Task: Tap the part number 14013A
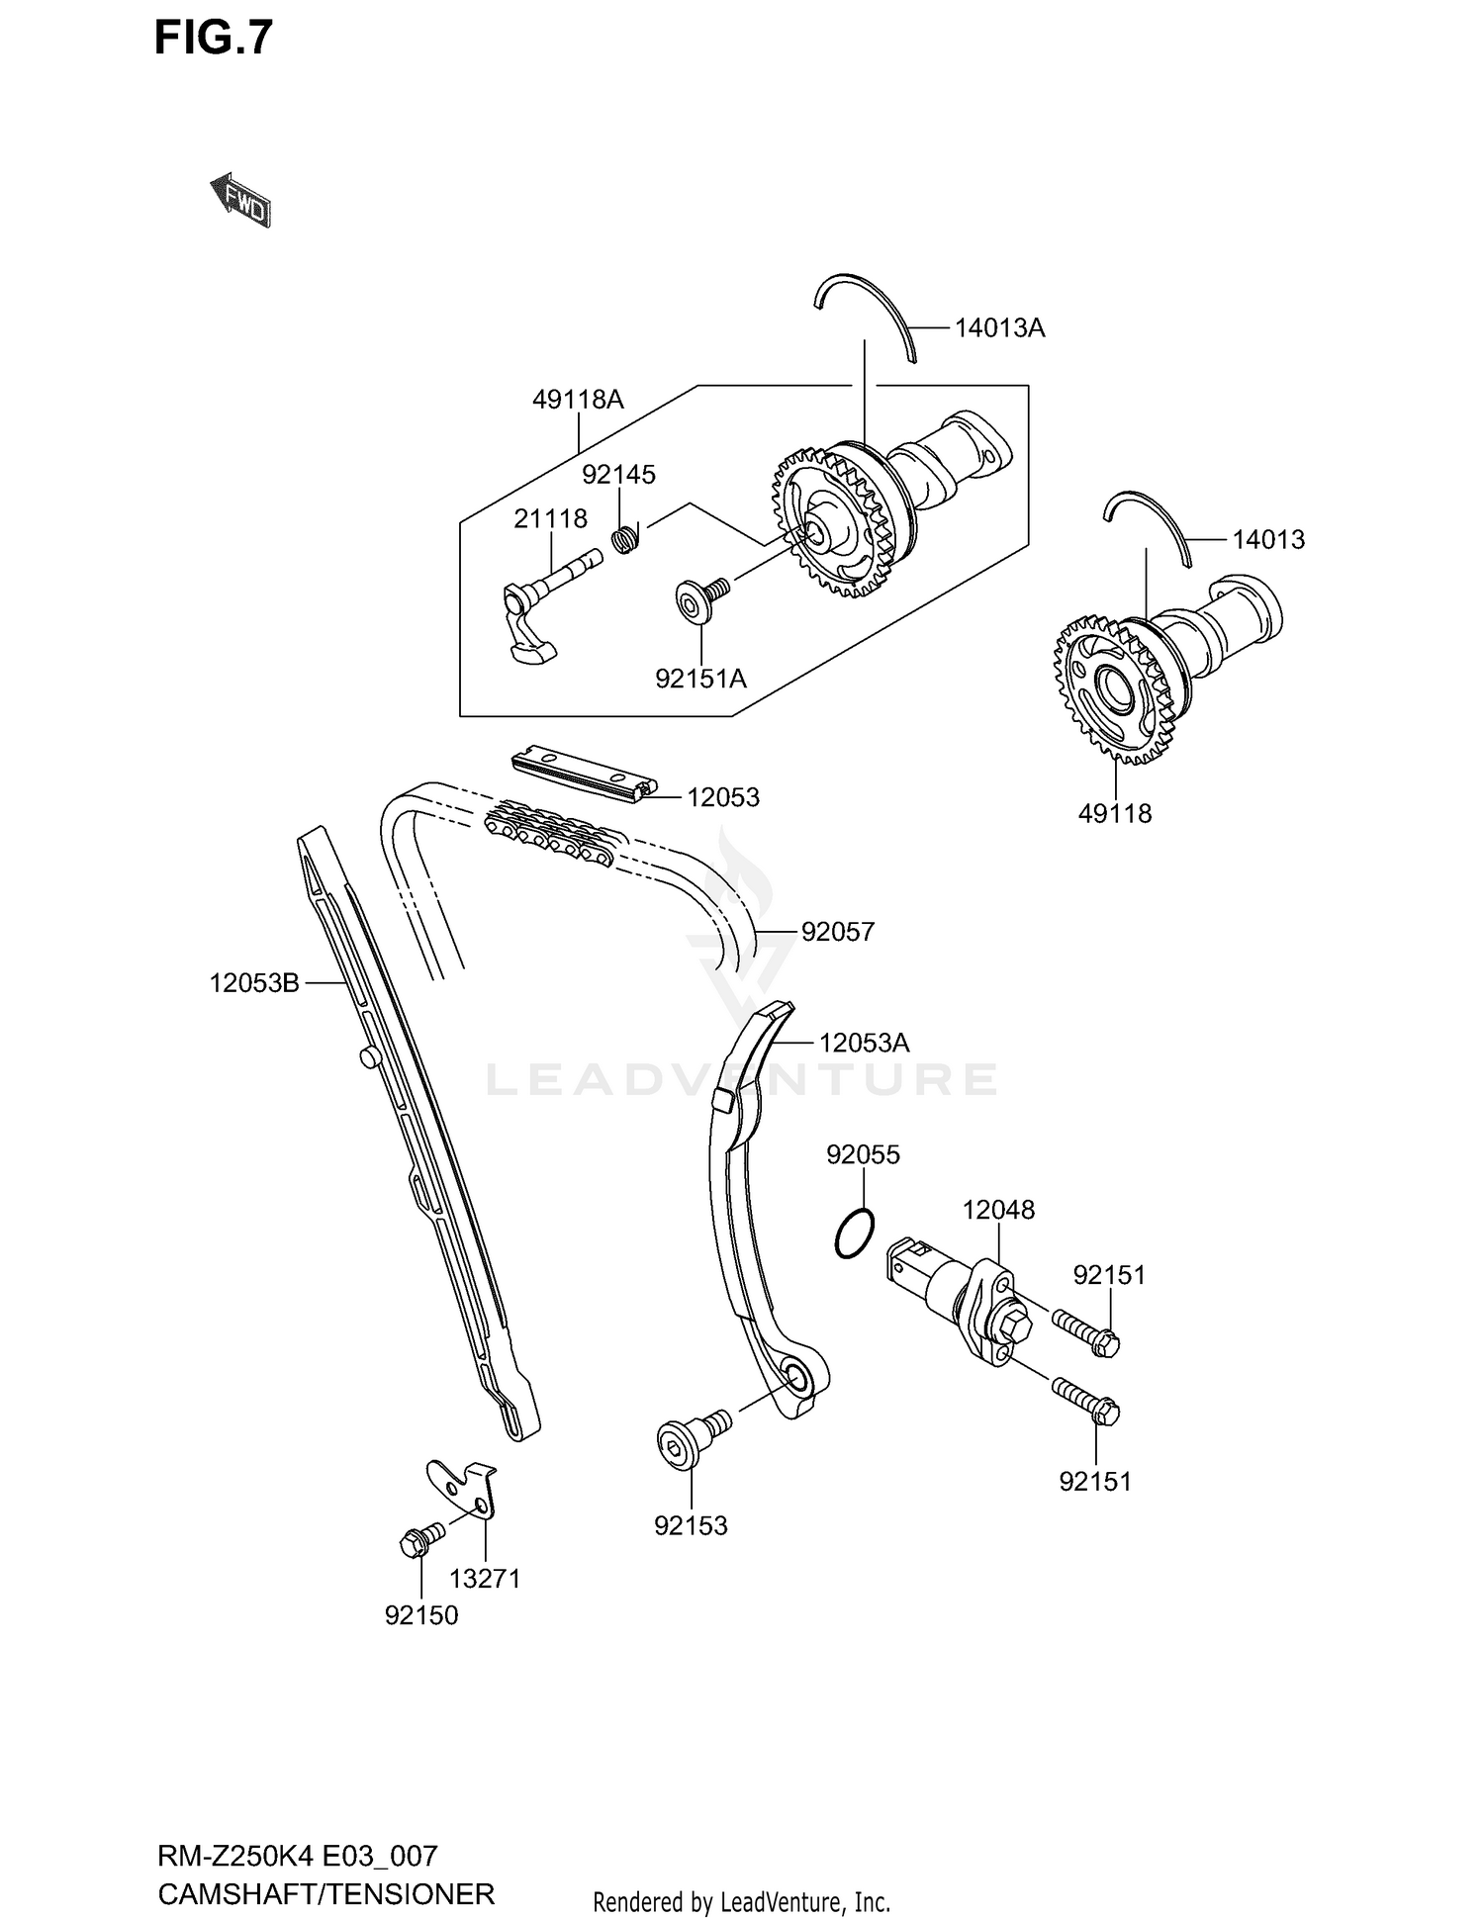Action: (999, 328)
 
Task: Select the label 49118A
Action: (578, 400)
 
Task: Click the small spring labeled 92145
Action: (625, 539)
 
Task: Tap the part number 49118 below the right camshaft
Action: (1115, 814)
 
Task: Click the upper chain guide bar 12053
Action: (584, 774)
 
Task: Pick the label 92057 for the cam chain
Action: (838, 932)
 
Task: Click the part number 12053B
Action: (254, 983)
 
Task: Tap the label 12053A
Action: (864, 1043)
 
